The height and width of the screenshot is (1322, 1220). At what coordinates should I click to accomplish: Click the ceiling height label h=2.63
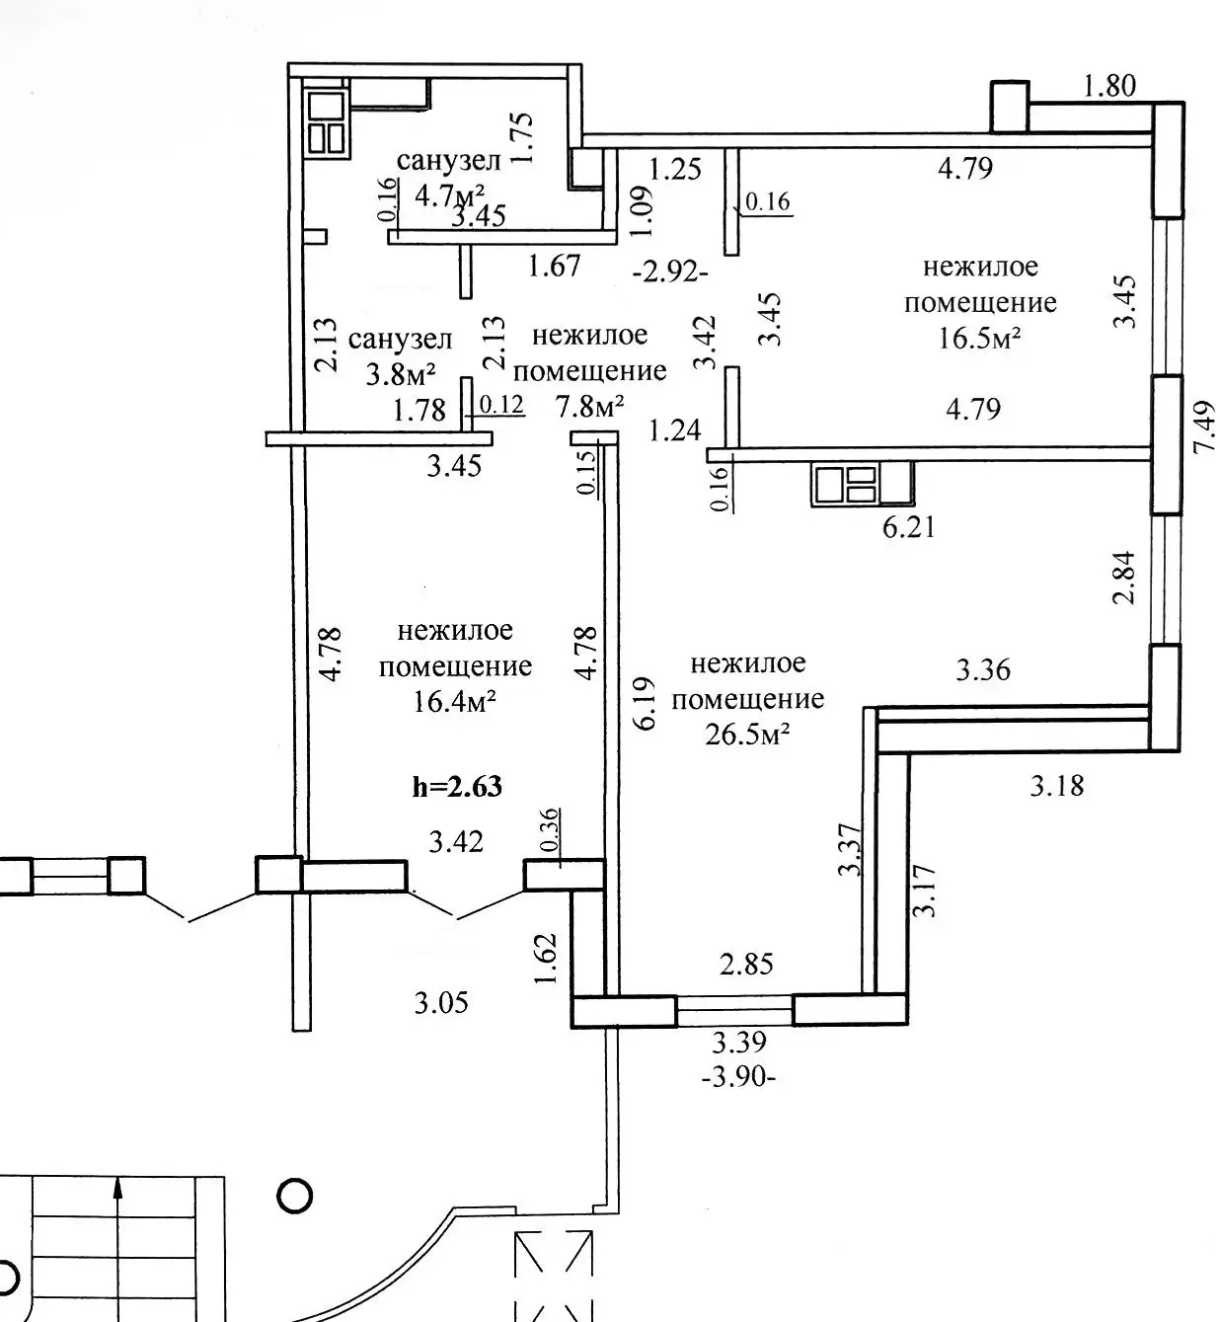pyautogui.click(x=456, y=787)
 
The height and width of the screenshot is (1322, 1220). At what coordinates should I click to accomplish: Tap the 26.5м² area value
pyautogui.click(x=747, y=736)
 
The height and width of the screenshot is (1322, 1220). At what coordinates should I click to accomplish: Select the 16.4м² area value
pyautogui.click(x=455, y=703)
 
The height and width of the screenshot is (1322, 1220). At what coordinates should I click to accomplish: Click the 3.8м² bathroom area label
pyautogui.click(x=401, y=376)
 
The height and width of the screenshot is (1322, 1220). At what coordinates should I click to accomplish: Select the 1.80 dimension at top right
pyautogui.click(x=1108, y=86)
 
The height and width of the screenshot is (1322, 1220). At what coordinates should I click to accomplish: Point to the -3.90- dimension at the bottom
pyautogui.click(x=738, y=1076)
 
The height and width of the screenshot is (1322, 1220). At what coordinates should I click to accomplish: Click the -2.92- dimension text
pyautogui.click(x=670, y=270)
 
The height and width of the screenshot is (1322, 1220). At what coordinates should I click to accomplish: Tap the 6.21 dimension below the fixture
pyautogui.click(x=907, y=527)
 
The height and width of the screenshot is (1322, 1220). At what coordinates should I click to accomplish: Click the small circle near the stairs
pyautogui.click(x=295, y=1197)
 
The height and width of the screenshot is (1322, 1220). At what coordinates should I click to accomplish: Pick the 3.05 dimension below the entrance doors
pyautogui.click(x=440, y=1004)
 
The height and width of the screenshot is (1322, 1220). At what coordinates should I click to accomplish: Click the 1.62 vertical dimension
pyautogui.click(x=548, y=958)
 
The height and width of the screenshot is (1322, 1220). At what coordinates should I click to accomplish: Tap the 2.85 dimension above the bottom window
pyautogui.click(x=746, y=965)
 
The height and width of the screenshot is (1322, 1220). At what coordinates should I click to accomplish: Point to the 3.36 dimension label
pyautogui.click(x=983, y=670)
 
